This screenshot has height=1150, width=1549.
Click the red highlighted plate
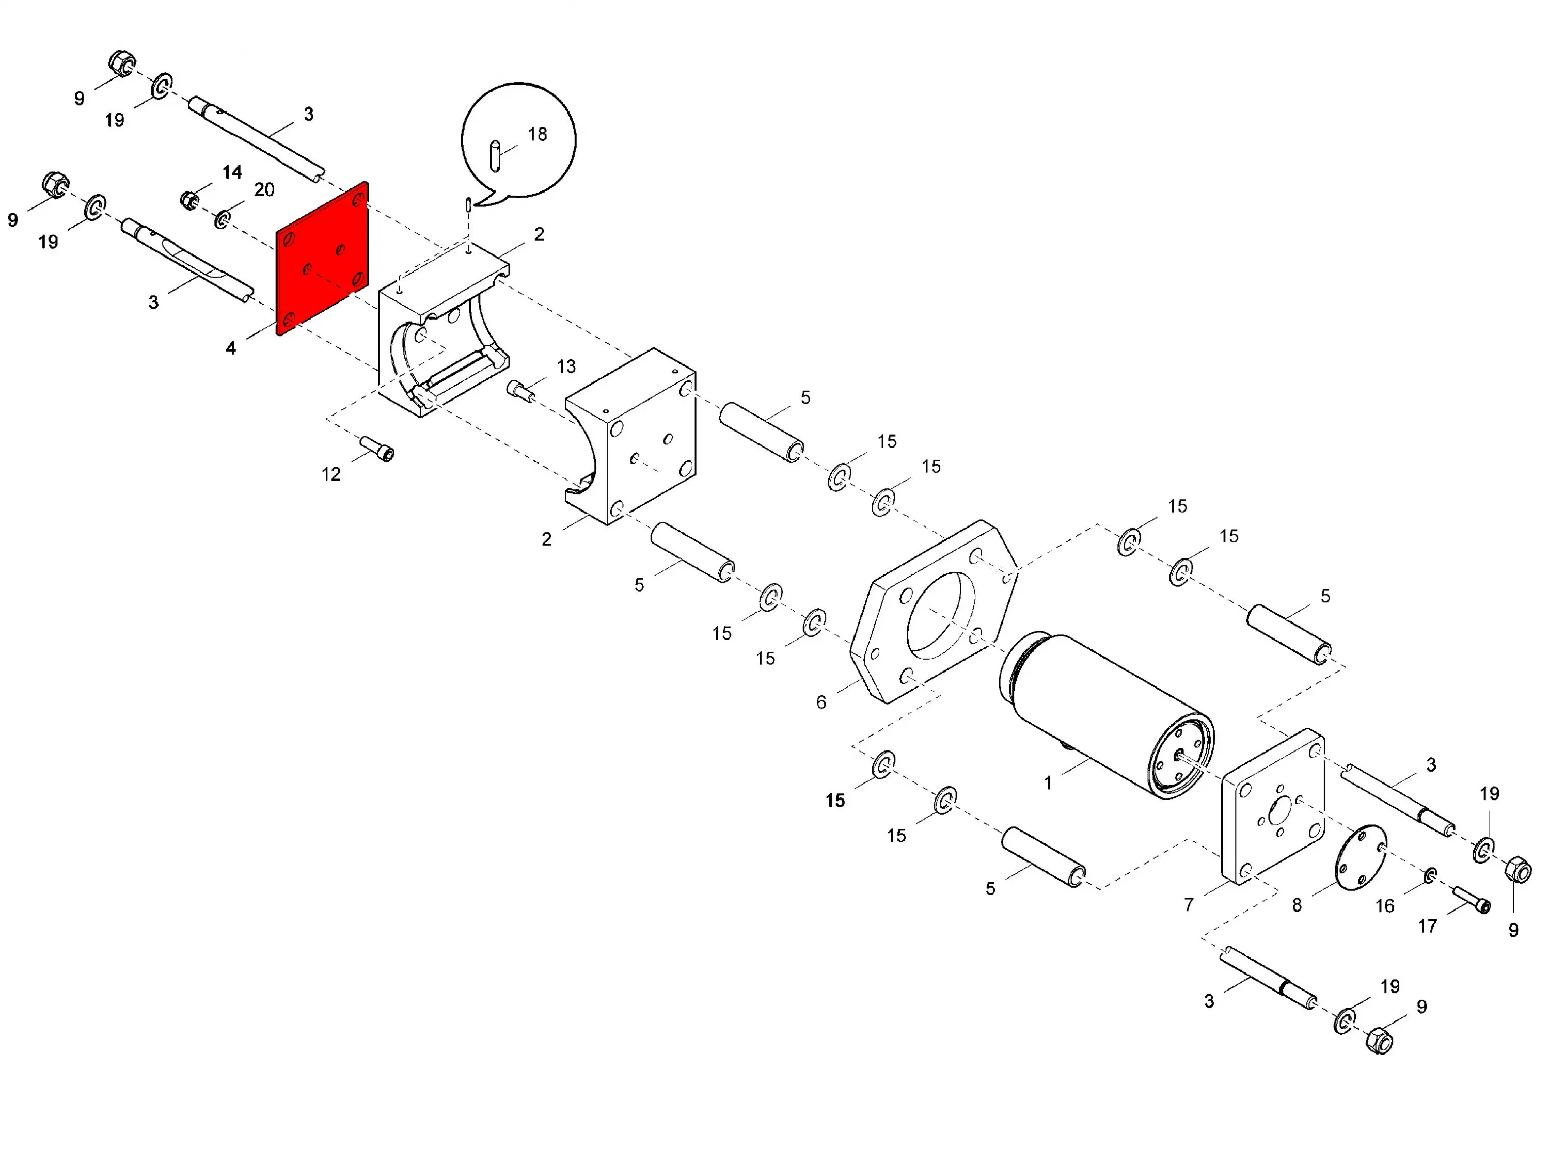(322, 258)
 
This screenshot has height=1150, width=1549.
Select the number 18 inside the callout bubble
(538, 134)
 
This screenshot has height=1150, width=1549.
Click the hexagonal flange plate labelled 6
(934, 611)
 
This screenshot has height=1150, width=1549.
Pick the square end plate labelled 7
(1273, 806)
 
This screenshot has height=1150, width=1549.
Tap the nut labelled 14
(189, 200)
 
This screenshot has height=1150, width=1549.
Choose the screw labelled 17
(1471, 899)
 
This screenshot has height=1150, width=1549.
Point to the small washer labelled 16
(1430, 875)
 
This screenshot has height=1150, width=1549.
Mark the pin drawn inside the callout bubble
(495, 155)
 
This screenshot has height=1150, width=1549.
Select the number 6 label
(821, 702)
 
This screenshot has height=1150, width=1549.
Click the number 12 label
(331, 475)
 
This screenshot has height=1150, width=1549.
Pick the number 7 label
(1189, 905)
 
